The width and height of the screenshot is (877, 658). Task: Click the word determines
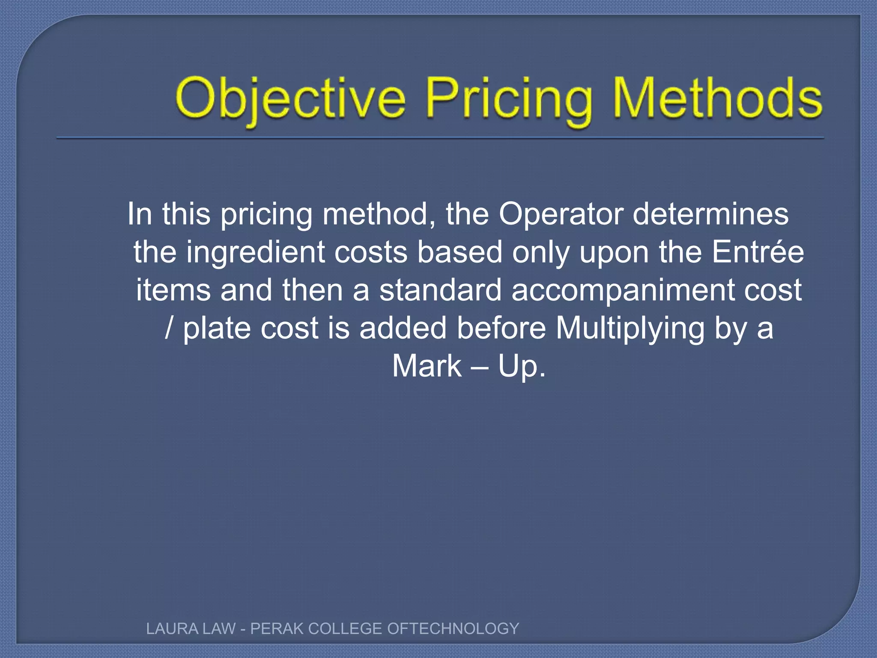coord(710,214)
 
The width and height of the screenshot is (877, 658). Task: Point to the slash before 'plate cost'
coord(170,328)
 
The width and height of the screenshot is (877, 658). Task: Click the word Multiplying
coord(630,329)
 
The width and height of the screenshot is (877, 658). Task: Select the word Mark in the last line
coord(427,366)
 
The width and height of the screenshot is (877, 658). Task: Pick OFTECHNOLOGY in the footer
coord(453,628)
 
